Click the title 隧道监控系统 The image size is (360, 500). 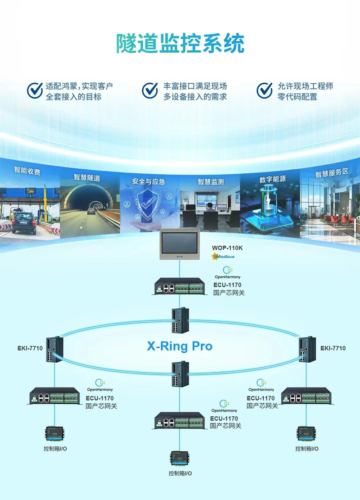[180, 44]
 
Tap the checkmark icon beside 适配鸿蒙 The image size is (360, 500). [35, 90]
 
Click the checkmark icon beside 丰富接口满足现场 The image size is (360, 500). [150, 90]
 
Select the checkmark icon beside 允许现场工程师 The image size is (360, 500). [265, 90]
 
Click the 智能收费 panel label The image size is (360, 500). [27, 171]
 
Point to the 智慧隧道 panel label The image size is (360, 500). [87, 177]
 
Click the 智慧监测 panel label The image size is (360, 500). [211, 182]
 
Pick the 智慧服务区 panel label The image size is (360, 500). [332, 173]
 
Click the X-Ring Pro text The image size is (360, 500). [180, 346]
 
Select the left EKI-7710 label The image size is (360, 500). [30, 348]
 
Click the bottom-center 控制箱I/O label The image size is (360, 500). [180, 473]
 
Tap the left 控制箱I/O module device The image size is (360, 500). [55, 434]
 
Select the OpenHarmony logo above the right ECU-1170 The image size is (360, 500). [261, 385]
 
